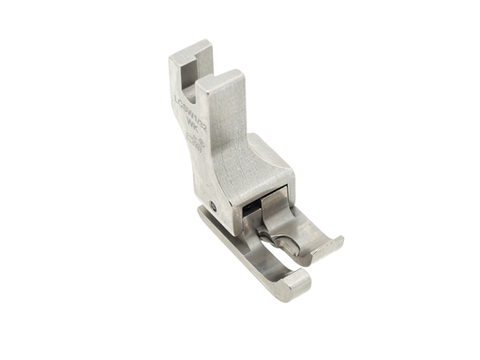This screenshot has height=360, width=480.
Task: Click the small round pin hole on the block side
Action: click(216, 205)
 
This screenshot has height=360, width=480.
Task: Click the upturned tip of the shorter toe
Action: click(333, 245)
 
